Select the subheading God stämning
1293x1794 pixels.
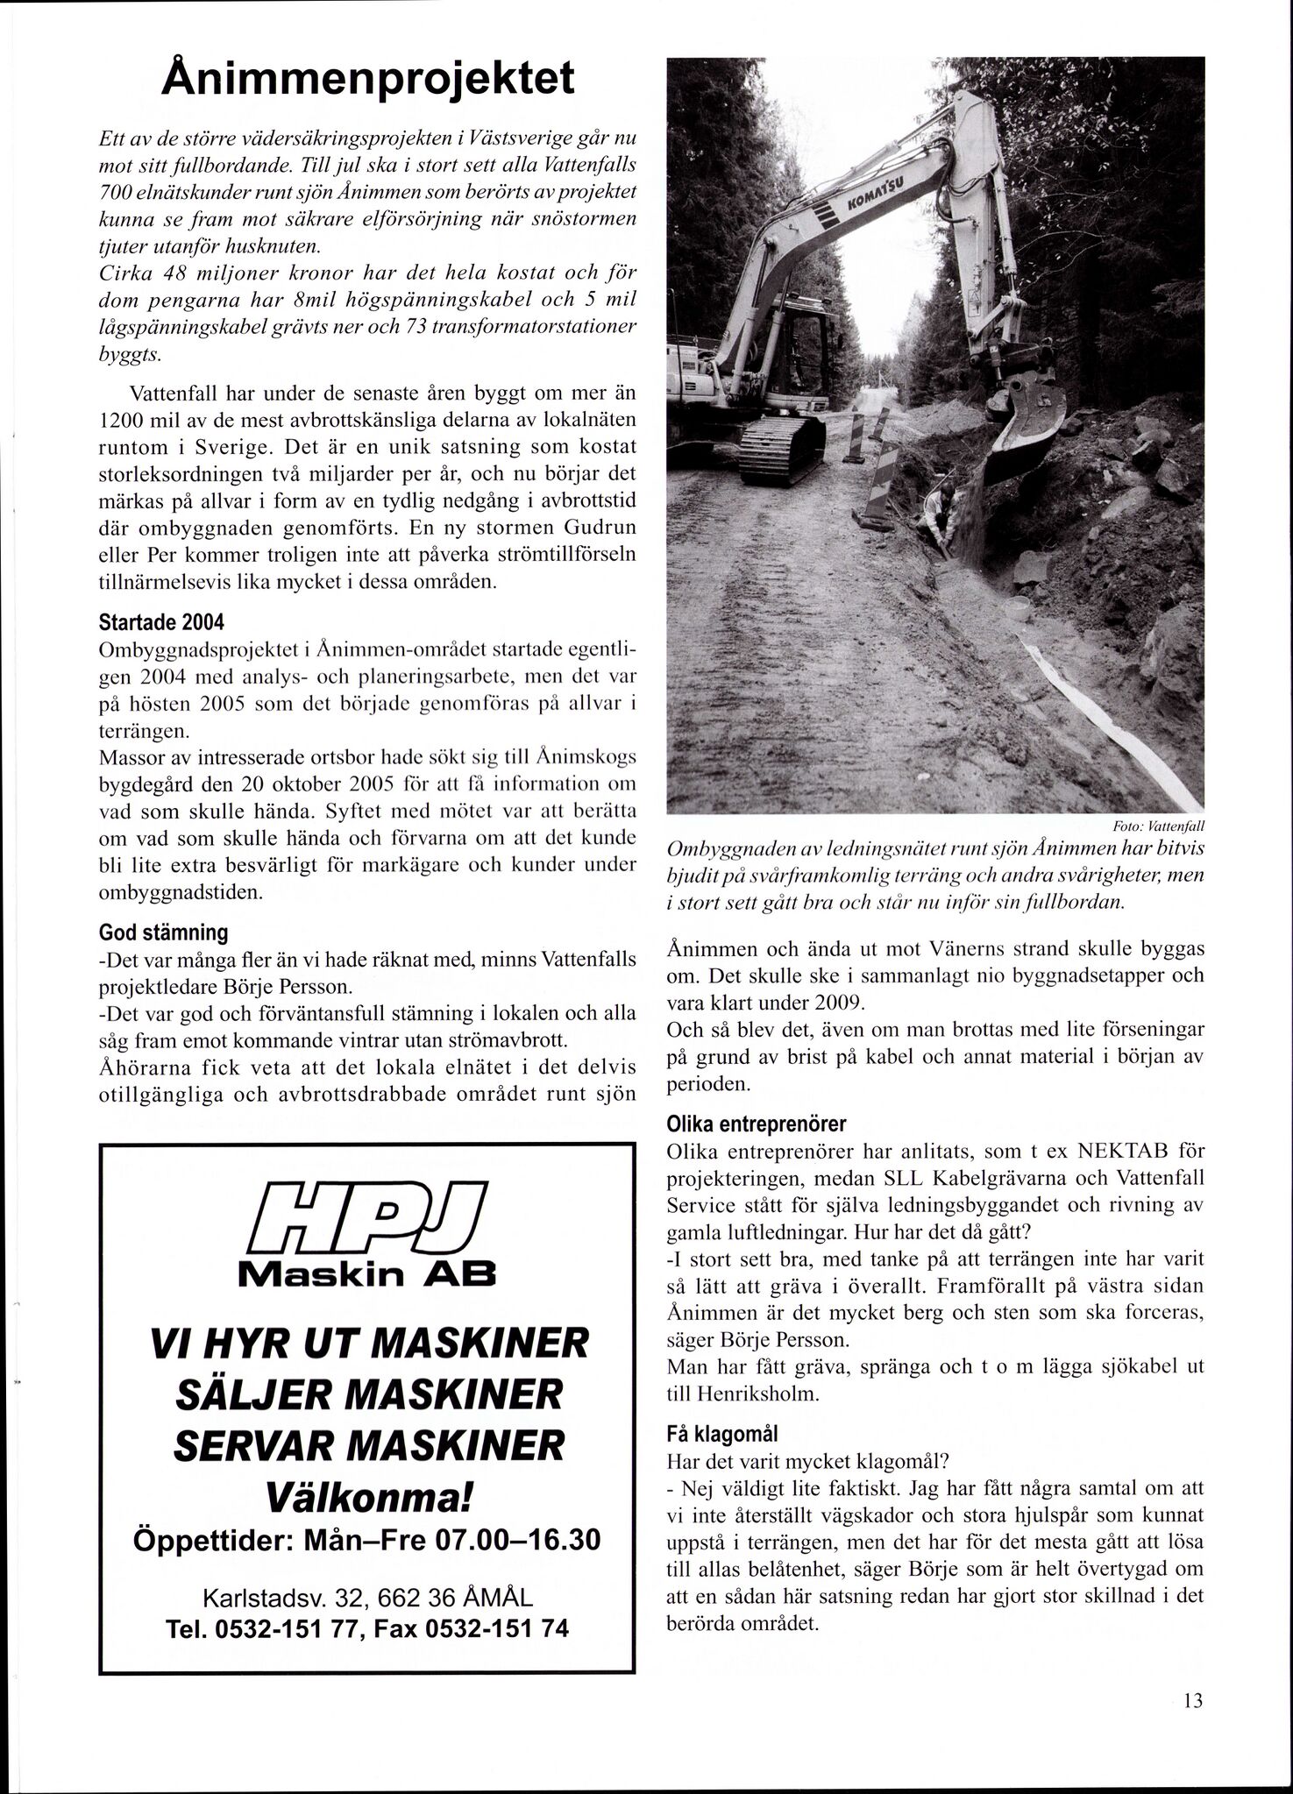[163, 932]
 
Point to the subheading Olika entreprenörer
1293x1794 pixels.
[756, 1124]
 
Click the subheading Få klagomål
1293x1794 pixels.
[722, 1435]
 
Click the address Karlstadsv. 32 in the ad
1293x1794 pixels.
[275, 1599]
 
